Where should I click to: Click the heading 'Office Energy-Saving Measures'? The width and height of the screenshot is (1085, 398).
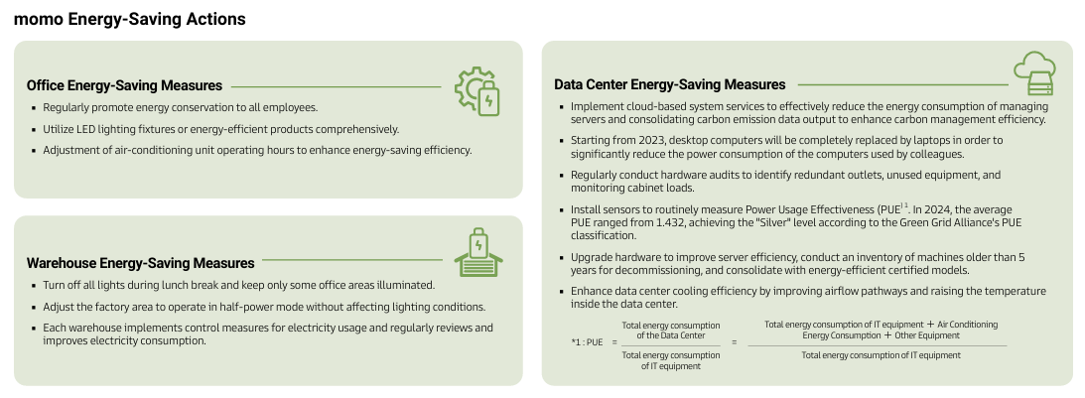(x=124, y=85)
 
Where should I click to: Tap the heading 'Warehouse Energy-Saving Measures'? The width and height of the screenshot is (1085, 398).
(x=141, y=263)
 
